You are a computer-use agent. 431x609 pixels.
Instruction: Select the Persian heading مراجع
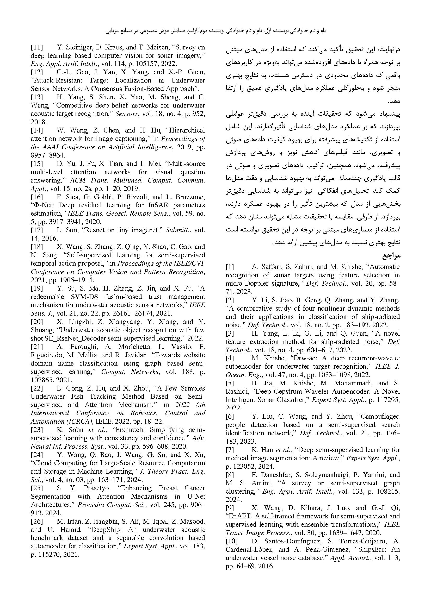pos(391,256)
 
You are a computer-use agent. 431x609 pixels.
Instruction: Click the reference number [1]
pos(230,267)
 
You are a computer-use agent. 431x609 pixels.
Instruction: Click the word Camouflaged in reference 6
pos(381,416)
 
